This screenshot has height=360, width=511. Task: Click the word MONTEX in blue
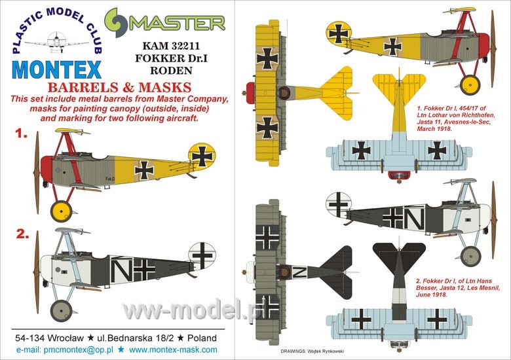(x=57, y=69)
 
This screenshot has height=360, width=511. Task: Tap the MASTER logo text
(x=178, y=23)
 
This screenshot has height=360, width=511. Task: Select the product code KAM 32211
(x=172, y=46)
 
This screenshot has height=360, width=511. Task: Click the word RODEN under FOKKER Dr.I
(x=171, y=70)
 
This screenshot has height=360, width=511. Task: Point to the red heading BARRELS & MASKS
(x=119, y=88)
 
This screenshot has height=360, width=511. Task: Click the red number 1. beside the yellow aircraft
(x=22, y=133)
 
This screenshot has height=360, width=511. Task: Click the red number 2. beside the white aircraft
(x=22, y=234)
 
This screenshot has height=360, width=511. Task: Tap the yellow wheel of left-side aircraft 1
(x=62, y=211)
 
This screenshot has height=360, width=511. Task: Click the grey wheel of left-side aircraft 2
(x=62, y=311)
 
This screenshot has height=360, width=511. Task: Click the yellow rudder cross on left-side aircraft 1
(x=202, y=156)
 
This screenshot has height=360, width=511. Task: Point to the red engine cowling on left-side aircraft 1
(x=47, y=170)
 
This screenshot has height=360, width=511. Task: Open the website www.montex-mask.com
(x=173, y=350)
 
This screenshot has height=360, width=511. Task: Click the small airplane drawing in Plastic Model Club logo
(x=57, y=42)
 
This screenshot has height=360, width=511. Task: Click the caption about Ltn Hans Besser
(x=457, y=288)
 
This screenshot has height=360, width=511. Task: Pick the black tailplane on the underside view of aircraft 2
(x=399, y=257)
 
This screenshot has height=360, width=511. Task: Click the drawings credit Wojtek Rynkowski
(x=312, y=351)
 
